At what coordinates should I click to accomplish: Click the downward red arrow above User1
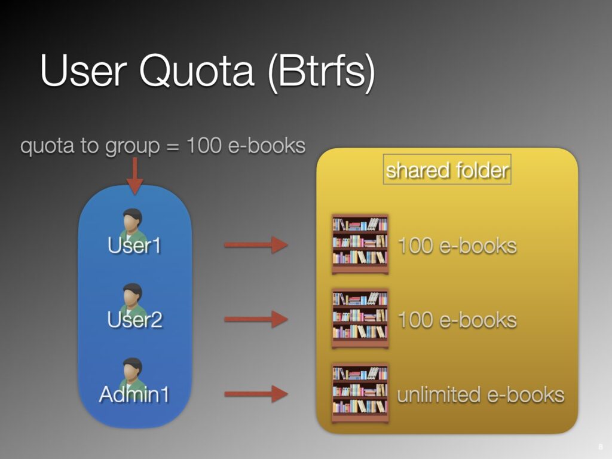click(135, 176)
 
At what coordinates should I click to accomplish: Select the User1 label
click(134, 245)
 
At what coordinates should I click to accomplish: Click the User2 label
click(134, 320)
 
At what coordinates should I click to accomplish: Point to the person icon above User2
click(133, 296)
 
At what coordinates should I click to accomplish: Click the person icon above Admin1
click(133, 371)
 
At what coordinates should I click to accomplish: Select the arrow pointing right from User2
click(255, 319)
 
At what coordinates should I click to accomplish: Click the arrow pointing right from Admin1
click(255, 393)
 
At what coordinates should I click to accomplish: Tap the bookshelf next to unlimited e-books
click(360, 393)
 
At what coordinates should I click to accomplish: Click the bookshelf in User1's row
click(360, 244)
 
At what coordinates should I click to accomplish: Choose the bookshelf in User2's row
click(360, 318)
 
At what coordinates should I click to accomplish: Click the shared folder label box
click(447, 170)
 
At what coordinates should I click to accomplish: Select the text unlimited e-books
click(481, 394)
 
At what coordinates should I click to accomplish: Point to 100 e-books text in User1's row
click(457, 245)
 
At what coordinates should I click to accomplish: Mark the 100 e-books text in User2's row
click(457, 320)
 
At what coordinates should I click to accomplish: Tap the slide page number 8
click(600, 448)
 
